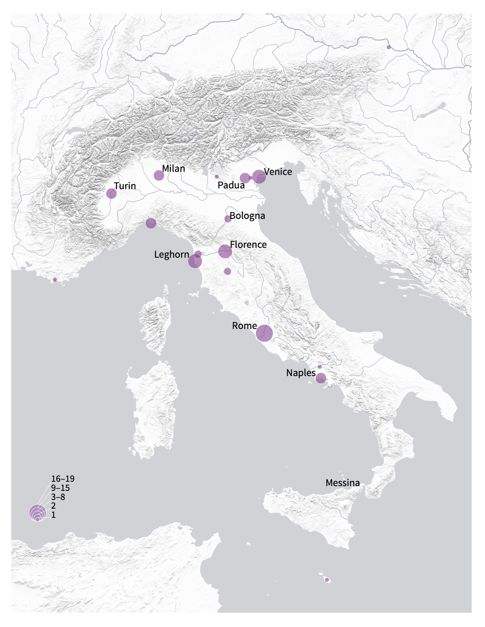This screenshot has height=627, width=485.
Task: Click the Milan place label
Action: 174,169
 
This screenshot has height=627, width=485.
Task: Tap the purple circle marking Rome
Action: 264,333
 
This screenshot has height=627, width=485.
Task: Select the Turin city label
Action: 125,186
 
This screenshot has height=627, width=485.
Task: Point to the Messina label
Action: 343,483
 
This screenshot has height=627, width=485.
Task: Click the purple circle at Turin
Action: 111,194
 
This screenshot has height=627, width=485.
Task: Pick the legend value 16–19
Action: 63,479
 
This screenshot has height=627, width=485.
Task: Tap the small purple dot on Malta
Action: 327,580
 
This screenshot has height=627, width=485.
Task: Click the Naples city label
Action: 301,373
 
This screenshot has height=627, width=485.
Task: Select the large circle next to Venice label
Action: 259,177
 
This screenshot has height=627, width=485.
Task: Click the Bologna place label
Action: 247,216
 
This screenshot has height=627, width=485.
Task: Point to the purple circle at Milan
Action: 159,175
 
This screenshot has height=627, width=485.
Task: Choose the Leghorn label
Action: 172,255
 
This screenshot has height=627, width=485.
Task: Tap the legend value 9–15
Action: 60,488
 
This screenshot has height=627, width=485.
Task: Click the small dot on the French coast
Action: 55,280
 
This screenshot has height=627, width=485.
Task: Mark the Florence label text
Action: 248,245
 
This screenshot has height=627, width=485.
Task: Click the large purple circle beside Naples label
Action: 321,378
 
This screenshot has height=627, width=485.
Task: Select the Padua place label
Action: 231,185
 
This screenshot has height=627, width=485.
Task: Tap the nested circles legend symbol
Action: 37,513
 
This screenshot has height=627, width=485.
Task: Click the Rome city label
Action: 244,326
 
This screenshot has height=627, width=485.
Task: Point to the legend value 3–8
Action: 58,497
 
